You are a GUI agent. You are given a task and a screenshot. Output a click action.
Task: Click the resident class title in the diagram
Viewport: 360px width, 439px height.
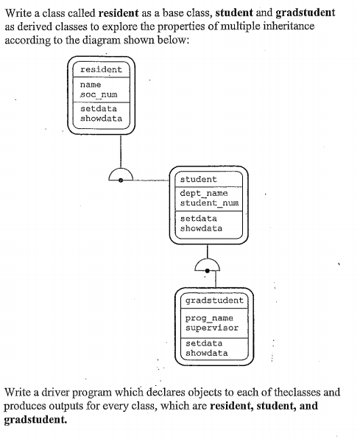[x=101, y=69]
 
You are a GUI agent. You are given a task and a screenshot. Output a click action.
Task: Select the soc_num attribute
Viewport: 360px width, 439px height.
[x=99, y=94]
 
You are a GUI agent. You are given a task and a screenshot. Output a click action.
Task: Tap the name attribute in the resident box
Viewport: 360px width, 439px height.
[x=91, y=85]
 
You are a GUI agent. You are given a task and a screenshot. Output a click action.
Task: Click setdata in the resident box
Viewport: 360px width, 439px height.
[x=99, y=108]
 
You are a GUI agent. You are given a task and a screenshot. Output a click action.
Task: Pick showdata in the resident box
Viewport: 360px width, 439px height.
[x=101, y=118]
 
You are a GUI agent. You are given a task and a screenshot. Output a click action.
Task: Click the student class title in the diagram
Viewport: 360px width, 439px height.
[x=198, y=179]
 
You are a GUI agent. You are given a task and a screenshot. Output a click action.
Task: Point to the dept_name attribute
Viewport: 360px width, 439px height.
[x=204, y=193]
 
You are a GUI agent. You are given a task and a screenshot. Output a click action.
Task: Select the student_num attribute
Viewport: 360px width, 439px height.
[x=209, y=203]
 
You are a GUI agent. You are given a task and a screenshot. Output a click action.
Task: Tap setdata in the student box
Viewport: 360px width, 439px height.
[x=198, y=218]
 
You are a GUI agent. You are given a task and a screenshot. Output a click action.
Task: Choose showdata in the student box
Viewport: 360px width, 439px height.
[x=201, y=228]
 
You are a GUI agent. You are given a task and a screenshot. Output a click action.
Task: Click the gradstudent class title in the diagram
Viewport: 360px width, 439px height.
[x=214, y=301]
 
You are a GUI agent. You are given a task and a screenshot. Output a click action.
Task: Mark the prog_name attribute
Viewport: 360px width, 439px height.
[x=209, y=318]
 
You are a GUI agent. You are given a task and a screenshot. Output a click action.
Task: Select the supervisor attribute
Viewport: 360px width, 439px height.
[x=212, y=328]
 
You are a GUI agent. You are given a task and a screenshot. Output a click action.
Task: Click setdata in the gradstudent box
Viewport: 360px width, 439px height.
[x=204, y=343]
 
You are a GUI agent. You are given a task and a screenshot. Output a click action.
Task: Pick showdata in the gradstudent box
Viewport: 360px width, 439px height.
[x=207, y=353]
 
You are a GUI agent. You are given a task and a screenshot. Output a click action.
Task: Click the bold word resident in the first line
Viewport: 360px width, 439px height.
[x=119, y=13]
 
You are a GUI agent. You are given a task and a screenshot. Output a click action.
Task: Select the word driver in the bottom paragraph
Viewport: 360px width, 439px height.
[x=55, y=393]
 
